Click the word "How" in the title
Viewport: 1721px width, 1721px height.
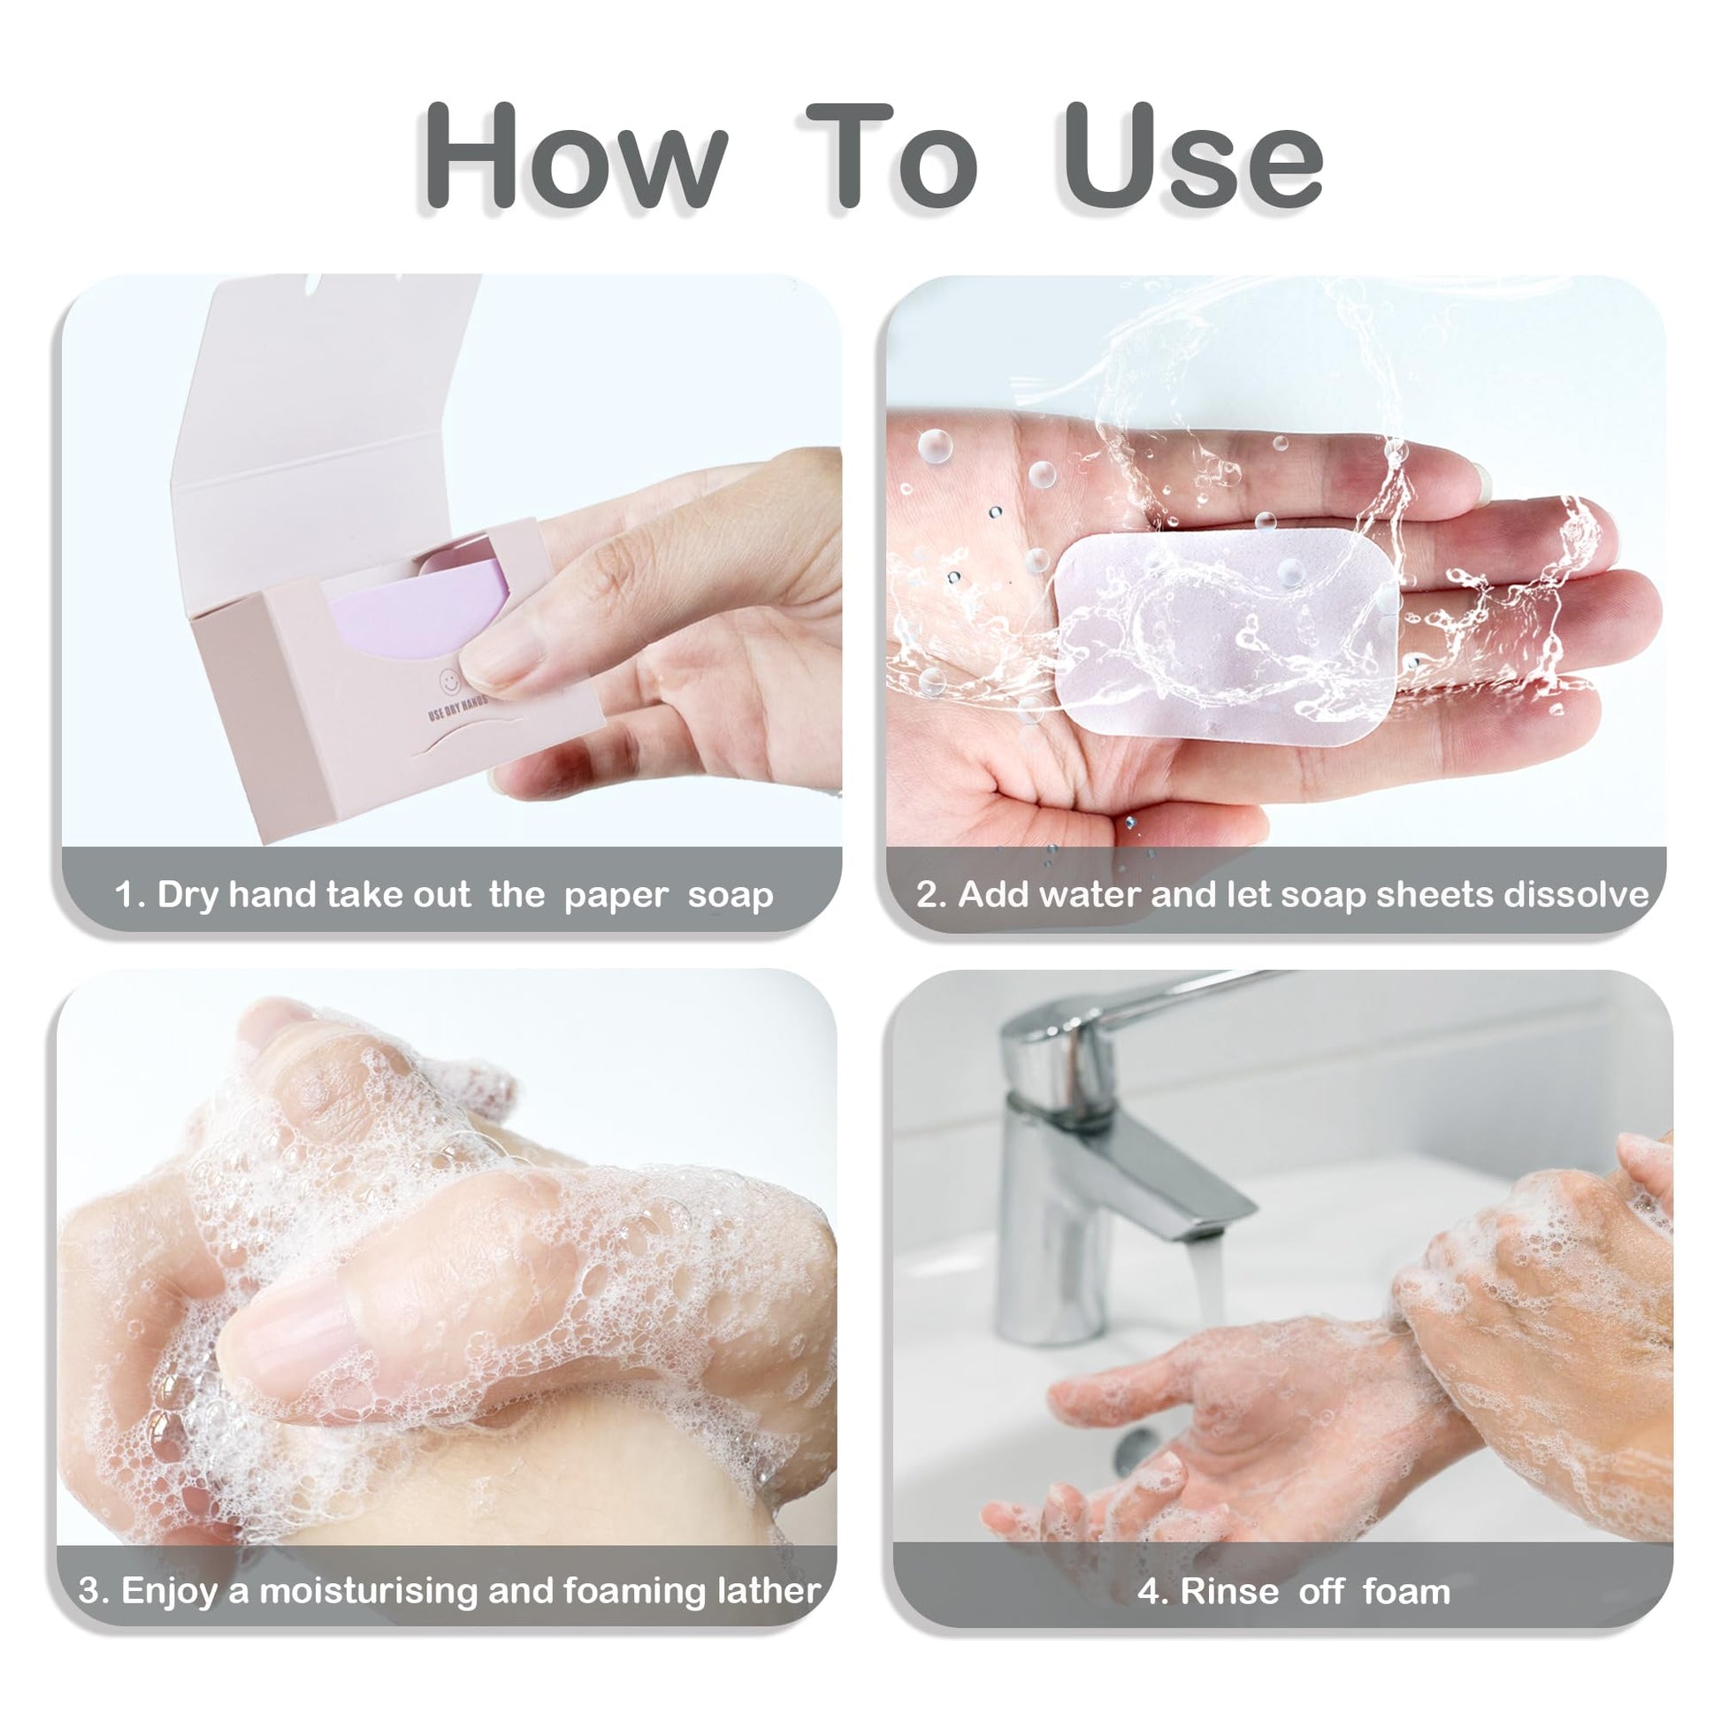click(576, 157)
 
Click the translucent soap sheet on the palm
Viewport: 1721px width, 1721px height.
click(1226, 634)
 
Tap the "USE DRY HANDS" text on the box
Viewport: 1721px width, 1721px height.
click(458, 708)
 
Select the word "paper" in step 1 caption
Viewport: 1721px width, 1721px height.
click(616, 896)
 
